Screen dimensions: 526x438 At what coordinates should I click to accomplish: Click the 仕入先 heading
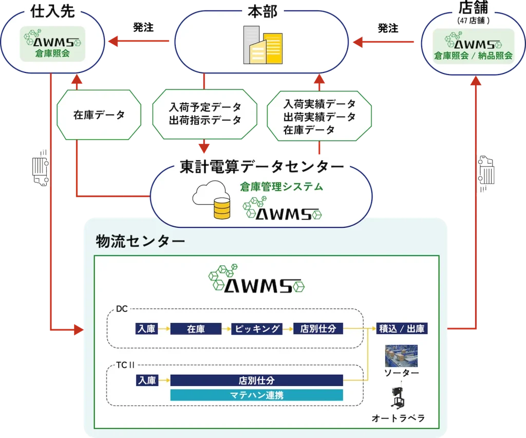click(52, 11)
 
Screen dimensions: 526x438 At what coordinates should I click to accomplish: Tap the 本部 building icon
click(262, 45)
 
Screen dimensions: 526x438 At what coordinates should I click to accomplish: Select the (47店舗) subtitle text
click(473, 21)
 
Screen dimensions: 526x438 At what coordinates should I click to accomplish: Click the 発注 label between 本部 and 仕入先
click(143, 27)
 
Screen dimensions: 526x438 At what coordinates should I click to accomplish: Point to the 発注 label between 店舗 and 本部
click(388, 28)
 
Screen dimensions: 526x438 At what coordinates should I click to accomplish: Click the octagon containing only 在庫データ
click(99, 115)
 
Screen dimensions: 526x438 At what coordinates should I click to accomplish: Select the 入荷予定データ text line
click(205, 107)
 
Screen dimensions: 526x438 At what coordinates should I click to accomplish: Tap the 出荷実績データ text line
click(320, 117)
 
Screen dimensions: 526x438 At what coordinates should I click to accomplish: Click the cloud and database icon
click(212, 199)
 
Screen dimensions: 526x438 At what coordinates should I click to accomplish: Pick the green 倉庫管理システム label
click(281, 187)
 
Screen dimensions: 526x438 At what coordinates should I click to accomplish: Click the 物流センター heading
click(140, 241)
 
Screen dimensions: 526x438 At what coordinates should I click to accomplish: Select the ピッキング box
click(257, 328)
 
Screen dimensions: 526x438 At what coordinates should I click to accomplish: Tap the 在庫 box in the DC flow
click(196, 328)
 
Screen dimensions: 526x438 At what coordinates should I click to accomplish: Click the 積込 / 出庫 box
click(402, 328)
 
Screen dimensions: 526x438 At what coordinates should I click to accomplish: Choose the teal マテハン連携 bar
click(257, 395)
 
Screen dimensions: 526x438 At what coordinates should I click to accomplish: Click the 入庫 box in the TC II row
click(147, 380)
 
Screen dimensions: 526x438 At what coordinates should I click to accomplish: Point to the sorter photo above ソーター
click(401, 356)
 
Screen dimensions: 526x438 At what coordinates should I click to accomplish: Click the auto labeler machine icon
click(398, 398)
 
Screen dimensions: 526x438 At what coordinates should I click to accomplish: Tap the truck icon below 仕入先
click(41, 168)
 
